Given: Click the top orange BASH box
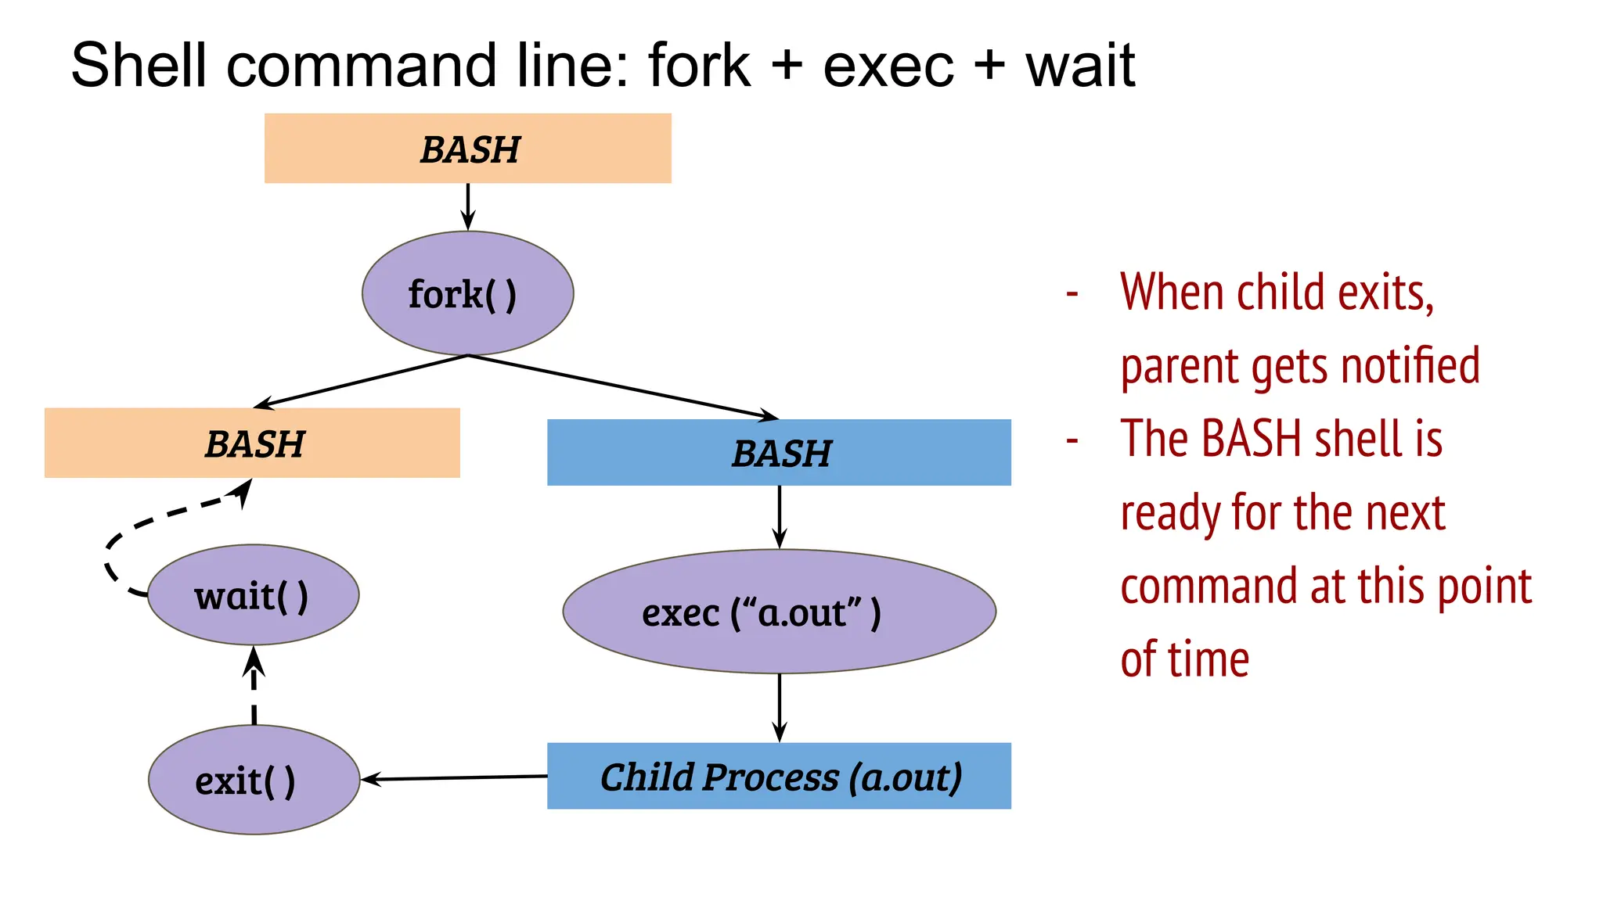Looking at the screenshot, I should pos(467,149).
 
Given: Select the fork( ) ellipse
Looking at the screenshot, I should pos(467,293).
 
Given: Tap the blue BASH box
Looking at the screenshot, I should pos(779,453).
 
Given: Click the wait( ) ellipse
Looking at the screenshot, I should pos(253,595).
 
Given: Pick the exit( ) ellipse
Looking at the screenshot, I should pos(254,780).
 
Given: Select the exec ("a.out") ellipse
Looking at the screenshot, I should pos(779,612).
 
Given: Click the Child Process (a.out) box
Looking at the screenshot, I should pos(779,776).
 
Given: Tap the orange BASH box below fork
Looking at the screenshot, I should pos(252,443).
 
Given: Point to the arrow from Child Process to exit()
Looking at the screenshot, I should pos(454,778).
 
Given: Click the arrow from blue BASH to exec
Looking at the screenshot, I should pos(779,516).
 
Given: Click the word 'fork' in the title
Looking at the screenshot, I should pos(698,66).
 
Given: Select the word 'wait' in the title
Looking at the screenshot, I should pos(1080,66).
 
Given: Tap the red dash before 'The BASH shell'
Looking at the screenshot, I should pos(1072,440).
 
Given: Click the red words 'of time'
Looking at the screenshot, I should pos(1184,659).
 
